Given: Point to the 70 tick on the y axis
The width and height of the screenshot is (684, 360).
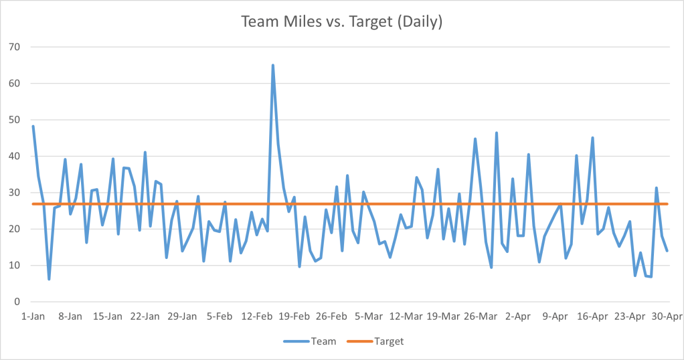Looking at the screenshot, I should [15, 48].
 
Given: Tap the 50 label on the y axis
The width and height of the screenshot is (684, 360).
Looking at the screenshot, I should [15, 120].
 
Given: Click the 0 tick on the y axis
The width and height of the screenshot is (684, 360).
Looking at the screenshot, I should [18, 302].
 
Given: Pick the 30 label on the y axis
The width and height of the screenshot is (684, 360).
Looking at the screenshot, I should [15, 193].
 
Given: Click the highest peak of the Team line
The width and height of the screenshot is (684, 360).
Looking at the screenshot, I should [273, 66].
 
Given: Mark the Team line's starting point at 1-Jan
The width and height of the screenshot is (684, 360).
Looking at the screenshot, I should [33, 126].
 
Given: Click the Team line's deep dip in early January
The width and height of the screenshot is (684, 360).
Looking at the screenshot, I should [49, 279].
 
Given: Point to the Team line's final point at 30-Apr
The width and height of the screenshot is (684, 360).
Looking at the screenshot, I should [667, 251].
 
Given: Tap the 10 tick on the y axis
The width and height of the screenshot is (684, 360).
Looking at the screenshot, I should [15, 266].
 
